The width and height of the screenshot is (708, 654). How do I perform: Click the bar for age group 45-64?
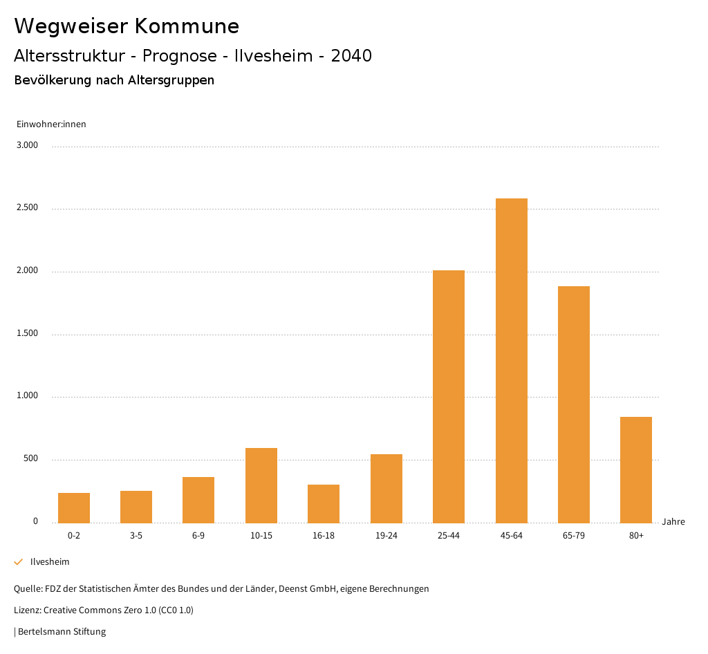click(x=511, y=360)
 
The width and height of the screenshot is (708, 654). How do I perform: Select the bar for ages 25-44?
click(x=449, y=396)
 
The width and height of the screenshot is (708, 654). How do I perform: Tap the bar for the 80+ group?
click(x=636, y=469)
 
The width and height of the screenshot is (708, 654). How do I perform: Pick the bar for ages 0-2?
click(x=74, y=507)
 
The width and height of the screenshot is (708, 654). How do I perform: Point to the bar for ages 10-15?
click(x=261, y=485)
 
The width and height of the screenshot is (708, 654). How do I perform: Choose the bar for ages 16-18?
click(x=324, y=503)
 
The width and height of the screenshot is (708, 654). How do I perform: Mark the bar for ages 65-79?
click(x=574, y=404)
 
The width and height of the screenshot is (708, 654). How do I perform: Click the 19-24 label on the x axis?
click(x=386, y=536)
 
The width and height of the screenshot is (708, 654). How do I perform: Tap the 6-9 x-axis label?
click(x=198, y=536)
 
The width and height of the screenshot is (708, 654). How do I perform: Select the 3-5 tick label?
click(x=136, y=536)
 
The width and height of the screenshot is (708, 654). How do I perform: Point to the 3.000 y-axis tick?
click(x=28, y=145)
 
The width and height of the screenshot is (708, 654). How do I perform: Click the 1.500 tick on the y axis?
click(x=28, y=333)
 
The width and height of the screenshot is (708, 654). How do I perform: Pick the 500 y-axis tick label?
click(x=30, y=459)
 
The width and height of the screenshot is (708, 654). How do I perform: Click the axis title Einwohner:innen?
click(x=51, y=124)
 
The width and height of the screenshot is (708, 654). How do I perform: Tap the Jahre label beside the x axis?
click(x=673, y=522)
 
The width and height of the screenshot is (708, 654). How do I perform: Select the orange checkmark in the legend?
click(x=19, y=562)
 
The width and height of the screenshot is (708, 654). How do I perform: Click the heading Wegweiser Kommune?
click(x=127, y=26)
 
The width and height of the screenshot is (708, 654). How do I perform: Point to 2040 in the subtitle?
click(x=351, y=56)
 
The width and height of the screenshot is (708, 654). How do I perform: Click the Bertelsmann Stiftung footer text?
click(x=62, y=632)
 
